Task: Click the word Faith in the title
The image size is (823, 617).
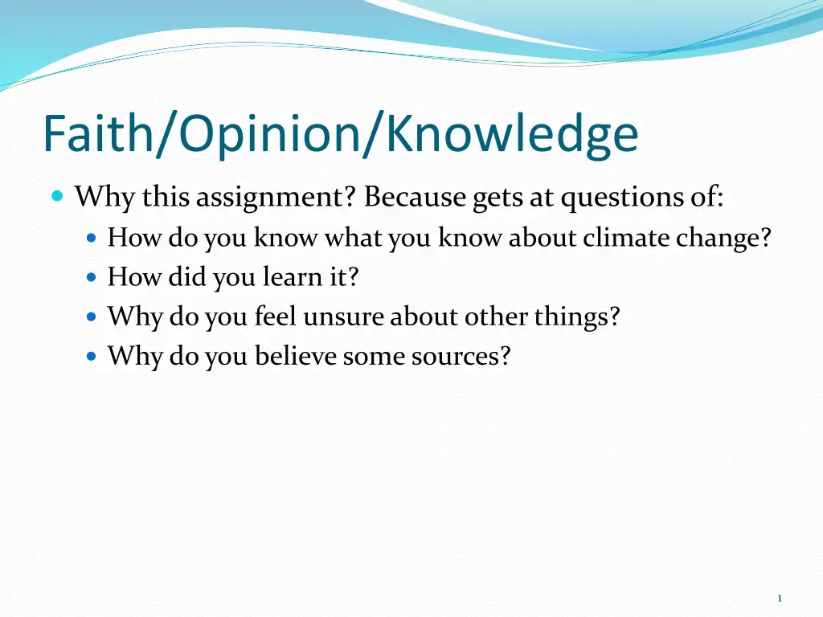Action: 97,133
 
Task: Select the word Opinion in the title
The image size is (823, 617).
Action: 269,136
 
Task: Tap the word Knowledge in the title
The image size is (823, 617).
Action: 512,134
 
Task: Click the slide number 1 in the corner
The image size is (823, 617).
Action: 780,598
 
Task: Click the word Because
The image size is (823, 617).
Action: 415,197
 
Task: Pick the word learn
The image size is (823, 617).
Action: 292,276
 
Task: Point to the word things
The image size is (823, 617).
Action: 577,317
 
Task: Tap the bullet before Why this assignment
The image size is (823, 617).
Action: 58,197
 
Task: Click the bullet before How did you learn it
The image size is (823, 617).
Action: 92,277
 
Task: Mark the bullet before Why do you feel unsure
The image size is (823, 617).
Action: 92,317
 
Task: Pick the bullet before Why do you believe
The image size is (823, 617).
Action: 92,357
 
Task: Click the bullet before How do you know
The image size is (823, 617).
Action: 92,238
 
